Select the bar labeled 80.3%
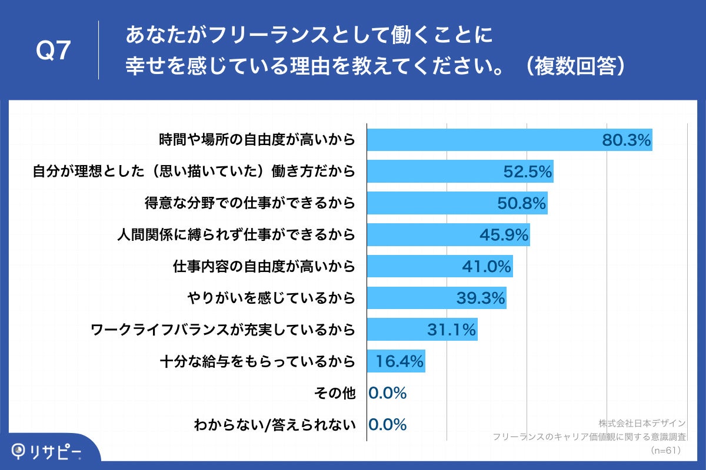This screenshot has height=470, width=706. [x=509, y=140]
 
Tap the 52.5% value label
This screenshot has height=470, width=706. [x=528, y=172]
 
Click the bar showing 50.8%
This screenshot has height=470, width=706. [x=457, y=203]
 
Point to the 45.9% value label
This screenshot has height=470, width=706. [x=504, y=235]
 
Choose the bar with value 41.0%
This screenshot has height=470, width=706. [x=439, y=266]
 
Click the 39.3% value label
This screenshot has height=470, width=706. [x=481, y=298]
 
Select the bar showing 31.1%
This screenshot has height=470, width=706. [x=422, y=330]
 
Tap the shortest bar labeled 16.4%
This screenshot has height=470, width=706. [x=396, y=361]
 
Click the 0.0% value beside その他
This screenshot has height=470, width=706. [x=388, y=393]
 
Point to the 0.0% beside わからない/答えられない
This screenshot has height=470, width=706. [x=388, y=425]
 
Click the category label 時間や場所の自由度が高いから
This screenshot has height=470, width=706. [x=257, y=140]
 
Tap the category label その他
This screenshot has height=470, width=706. [x=341, y=393]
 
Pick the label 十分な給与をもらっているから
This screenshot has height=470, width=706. [x=257, y=361]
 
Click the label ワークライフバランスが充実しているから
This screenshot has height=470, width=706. [x=223, y=330]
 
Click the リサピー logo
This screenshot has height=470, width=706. [x=47, y=451]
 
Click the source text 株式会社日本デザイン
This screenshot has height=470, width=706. [x=642, y=423]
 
